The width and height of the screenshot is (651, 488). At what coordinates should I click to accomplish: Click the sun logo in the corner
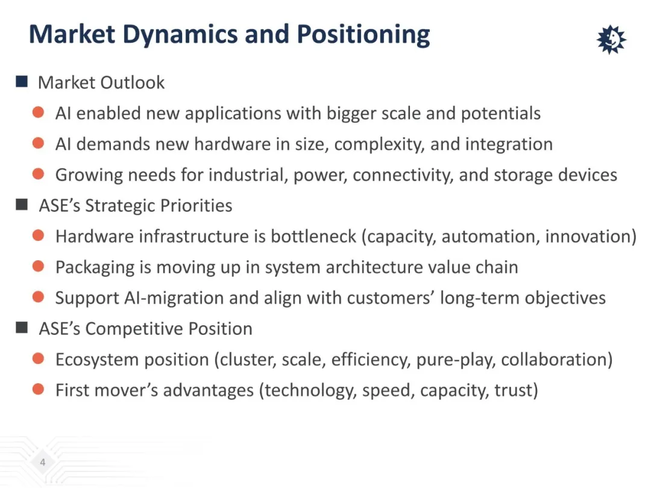[x=611, y=39]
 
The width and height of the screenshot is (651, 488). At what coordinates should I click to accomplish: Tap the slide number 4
[x=42, y=462]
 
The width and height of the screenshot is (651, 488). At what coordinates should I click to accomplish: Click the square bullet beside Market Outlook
[x=22, y=81]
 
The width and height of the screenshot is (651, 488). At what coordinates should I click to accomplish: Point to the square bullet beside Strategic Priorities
[x=22, y=205]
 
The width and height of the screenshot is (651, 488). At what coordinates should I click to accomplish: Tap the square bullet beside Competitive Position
[x=22, y=328]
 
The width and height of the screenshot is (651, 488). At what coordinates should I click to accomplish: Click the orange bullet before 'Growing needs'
[x=38, y=174]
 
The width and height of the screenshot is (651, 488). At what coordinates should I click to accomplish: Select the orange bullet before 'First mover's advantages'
[x=38, y=389]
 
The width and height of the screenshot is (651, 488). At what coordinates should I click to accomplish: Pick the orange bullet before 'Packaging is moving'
[x=38, y=266]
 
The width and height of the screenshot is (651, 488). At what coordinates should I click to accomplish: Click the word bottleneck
[x=313, y=236]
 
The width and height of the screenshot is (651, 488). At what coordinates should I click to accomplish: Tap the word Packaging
[x=95, y=267]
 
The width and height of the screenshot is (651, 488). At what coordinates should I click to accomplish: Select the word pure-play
[x=456, y=360]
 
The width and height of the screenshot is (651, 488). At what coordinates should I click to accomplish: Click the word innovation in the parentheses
[x=588, y=236]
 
